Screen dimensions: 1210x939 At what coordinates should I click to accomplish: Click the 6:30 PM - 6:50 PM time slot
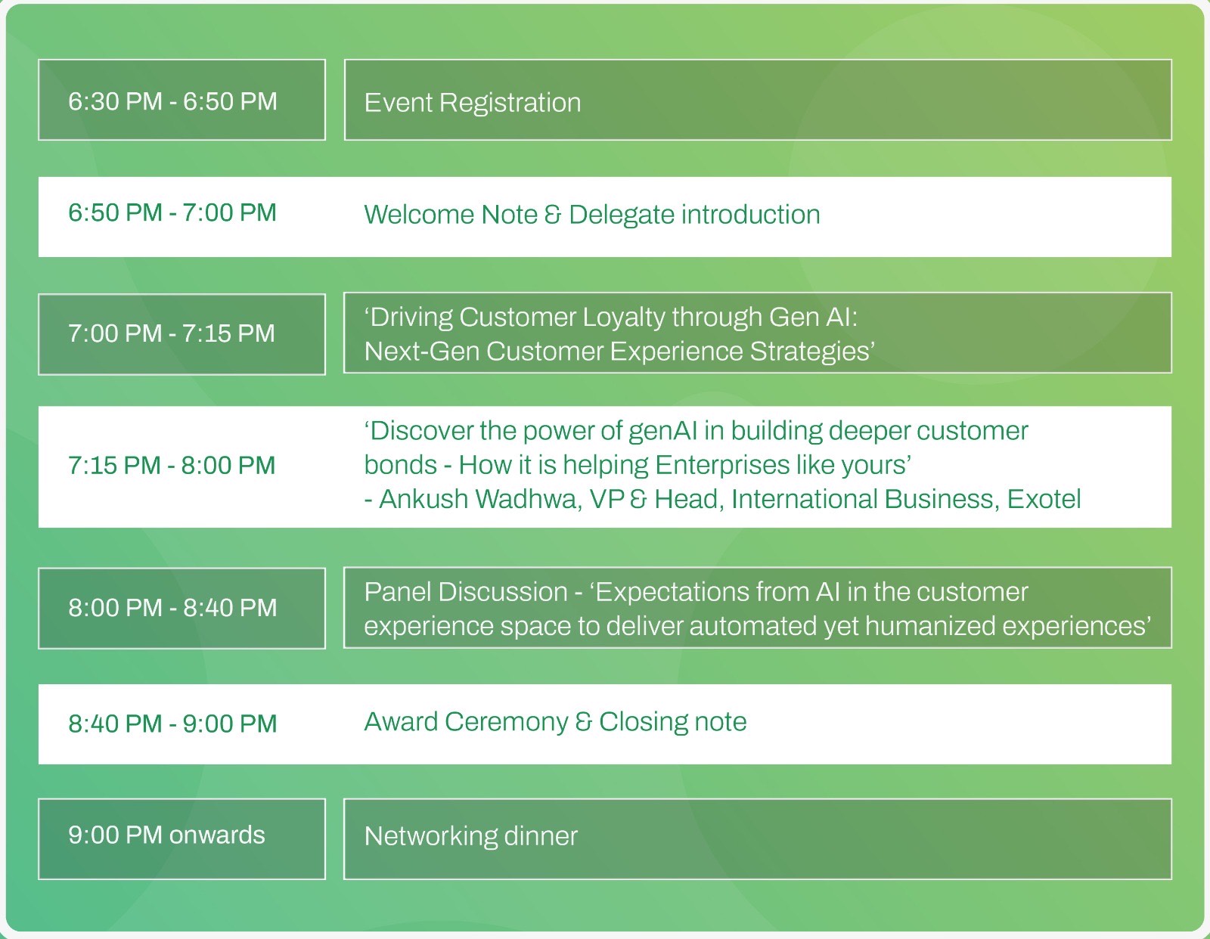[x=172, y=101]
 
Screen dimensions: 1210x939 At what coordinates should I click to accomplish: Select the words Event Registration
[x=472, y=103]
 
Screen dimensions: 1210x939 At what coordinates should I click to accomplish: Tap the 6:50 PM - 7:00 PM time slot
[x=172, y=212]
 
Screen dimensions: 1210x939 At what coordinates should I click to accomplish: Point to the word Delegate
[x=622, y=215]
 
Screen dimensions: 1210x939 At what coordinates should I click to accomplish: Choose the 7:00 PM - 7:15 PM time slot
[x=172, y=333]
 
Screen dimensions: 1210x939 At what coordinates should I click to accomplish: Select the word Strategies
[x=810, y=352]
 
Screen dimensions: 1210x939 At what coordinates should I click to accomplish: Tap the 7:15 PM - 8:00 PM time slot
[x=172, y=465]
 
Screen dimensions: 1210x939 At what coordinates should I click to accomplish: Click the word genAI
[x=662, y=432]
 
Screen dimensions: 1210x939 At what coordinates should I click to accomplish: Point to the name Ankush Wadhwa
[x=480, y=499]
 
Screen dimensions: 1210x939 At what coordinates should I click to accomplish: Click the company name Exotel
[x=1044, y=499]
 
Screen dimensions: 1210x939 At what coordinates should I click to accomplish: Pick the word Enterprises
[x=722, y=465]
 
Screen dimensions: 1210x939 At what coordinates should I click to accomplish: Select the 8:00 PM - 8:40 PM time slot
[x=172, y=607]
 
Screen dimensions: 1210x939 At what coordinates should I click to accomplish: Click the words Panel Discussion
[x=466, y=592]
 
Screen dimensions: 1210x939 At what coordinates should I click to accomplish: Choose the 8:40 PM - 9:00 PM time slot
[x=172, y=724]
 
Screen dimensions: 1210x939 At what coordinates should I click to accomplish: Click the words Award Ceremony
[x=466, y=723]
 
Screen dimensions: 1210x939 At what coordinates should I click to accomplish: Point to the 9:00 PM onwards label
[x=166, y=835]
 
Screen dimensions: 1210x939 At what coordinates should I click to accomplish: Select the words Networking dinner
[x=470, y=836]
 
